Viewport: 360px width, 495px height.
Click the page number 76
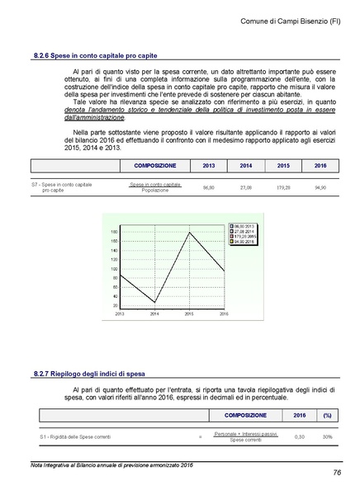[x=338, y=472]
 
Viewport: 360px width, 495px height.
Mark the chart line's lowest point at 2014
[x=154, y=302]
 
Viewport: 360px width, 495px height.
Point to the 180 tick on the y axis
[x=114, y=232]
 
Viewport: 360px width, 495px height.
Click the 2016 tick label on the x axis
[x=223, y=314]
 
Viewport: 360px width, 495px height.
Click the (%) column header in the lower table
[x=327, y=415]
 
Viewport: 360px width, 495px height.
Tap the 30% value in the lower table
[x=327, y=436]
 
